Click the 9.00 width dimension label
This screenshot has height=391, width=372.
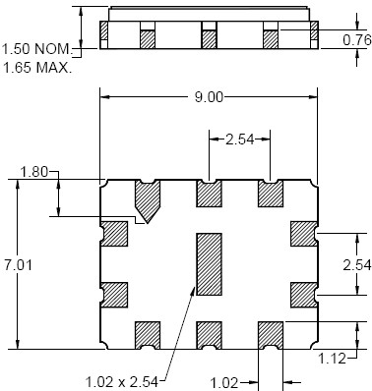coord(209,97)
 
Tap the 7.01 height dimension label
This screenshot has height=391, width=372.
coord(19,264)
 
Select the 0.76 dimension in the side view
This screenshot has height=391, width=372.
coord(357,40)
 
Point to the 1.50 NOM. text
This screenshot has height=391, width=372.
coord(36,49)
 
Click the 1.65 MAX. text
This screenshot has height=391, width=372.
coord(36,68)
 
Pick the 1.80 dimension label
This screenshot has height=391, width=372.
coord(34,172)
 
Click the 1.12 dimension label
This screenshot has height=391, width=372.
coord(333,359)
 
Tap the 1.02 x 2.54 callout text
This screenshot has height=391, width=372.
coord(122,382)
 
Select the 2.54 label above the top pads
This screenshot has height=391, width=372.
coord(240,140)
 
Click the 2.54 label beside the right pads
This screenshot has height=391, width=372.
coord(357,265)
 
